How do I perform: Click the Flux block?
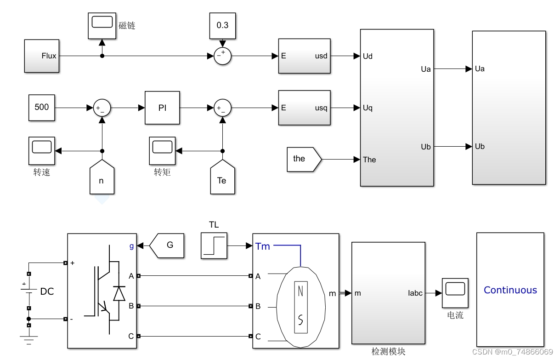(42, 56)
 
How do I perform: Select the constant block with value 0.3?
(222, 26)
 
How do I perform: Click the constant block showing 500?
(42, 108)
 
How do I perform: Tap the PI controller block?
(162, 108)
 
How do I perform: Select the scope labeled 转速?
(42, 151)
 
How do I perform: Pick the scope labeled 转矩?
(162, 151)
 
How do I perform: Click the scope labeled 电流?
(455, 293)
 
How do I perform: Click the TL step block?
(214, 246)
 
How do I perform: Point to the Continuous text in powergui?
(510, 290)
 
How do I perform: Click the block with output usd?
(304, 56)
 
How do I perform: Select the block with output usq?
(304, 108)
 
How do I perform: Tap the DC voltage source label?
(47, 291)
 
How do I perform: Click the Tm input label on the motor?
(263, 246)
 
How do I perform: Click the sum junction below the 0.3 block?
(222, 56)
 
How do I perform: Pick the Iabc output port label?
(415, 293)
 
